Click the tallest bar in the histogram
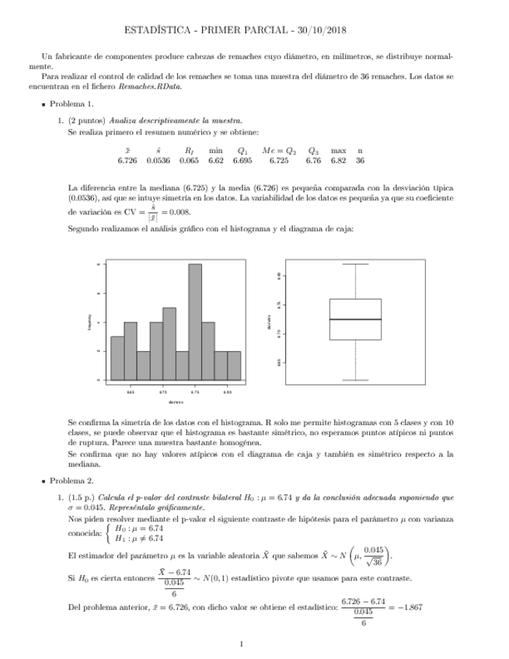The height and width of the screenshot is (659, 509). pos(195,322)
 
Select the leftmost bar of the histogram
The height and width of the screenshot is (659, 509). pos(117,357)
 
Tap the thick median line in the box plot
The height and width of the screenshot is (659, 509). pos(355,319)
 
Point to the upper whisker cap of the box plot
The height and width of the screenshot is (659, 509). pos(355,264)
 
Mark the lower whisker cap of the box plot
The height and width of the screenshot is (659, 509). pos(355,380)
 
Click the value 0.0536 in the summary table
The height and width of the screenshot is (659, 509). pos(159,161)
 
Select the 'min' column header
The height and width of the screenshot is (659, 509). pos(215,150)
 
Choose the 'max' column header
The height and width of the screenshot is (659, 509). pos(338,150)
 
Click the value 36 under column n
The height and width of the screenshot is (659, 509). pos(360,161)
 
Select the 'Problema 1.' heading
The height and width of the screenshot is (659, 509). pos(71,104)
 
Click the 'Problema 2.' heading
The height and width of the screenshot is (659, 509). pos(71,481)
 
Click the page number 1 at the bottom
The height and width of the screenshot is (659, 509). pos(242,643)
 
